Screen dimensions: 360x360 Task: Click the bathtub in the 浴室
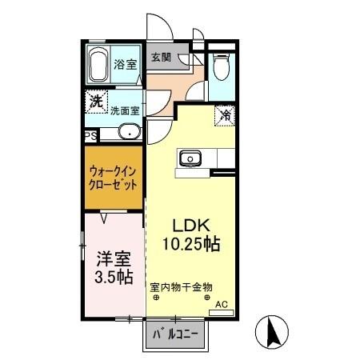coord(98,64)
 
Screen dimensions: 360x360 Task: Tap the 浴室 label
coord(125,64)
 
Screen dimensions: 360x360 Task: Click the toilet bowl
coord(222,67)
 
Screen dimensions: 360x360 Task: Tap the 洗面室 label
coord(125,111)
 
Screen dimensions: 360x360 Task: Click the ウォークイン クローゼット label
coord(112,177)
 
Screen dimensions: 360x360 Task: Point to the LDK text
coord(190,225)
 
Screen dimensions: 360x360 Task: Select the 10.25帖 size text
coord(190,242)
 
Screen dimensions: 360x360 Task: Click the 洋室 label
coord(113,260)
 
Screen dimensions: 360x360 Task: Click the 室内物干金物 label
coord(179,286)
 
